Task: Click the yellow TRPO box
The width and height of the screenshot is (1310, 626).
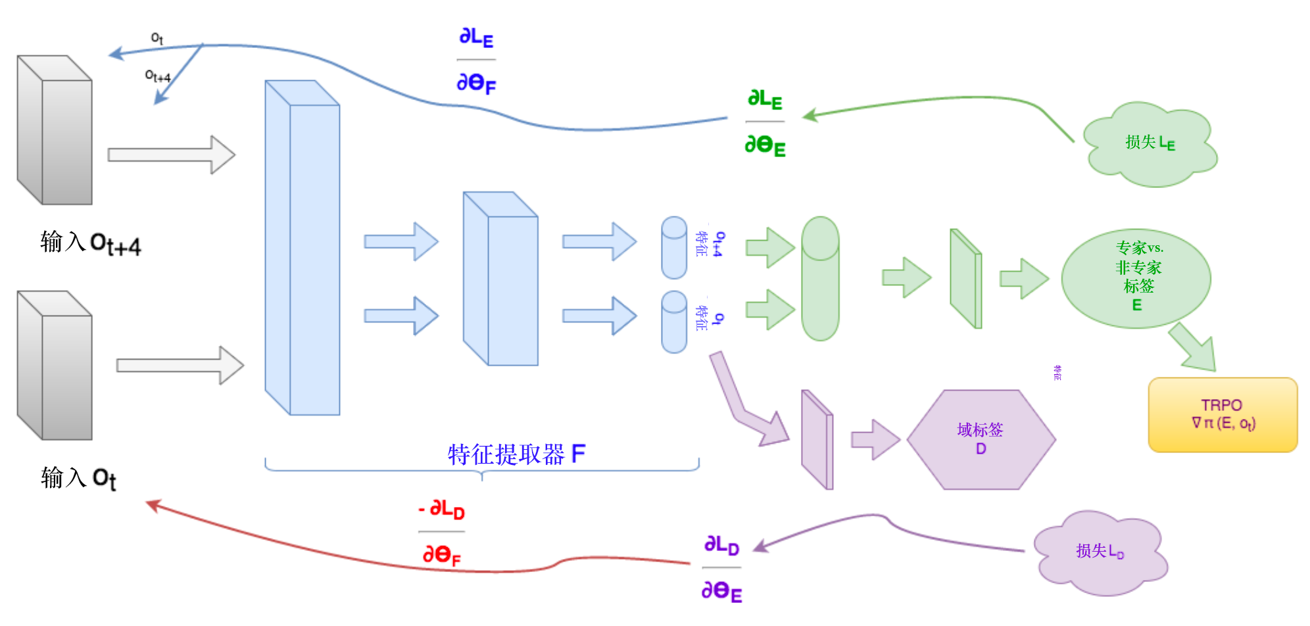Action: pos(1222,415)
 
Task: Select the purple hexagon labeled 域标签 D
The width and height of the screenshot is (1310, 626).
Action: pos(981,439)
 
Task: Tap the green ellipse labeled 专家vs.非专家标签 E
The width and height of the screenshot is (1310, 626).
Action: pos(1136,278)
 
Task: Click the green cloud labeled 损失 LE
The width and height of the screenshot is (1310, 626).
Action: pos(1149,144)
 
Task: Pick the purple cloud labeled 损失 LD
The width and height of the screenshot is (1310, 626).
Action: pos(1100,552)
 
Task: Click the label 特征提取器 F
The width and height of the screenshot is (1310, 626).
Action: pos(516,454)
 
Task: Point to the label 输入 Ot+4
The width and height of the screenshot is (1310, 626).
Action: pos(90,243)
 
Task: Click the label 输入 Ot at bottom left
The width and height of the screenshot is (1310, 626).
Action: pos(78,478)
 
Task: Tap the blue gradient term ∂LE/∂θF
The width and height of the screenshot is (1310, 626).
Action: pos(476,60)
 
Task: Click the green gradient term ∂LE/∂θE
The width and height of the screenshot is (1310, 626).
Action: pos(765,123)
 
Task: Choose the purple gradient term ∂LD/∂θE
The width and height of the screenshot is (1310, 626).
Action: pos(721,568)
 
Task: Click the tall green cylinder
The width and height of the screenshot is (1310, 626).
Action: pos(819,279)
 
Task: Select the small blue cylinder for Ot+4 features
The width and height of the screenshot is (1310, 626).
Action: pos(674,248)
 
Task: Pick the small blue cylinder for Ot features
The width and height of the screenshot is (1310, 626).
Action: pos(674,322)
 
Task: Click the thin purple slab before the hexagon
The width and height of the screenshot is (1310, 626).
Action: pos(817,439)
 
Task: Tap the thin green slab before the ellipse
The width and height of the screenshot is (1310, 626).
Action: pos(966,278)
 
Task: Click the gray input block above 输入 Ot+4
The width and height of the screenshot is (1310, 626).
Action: pos(55,130)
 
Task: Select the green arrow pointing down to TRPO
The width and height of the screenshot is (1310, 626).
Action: pos(1192,347)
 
